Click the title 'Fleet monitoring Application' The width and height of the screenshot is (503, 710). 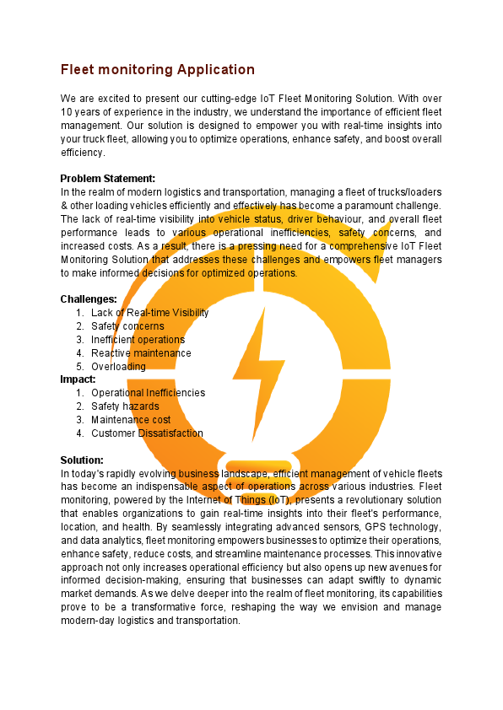click(157, 69)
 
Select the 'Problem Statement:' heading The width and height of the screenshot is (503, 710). click(108, 178)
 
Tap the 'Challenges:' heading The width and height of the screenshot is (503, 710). click(89, 299)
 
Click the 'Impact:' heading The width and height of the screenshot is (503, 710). click(78, 379)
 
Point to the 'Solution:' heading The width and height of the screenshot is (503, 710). click(82, 460)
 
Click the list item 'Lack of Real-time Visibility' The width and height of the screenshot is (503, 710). click(150, 313)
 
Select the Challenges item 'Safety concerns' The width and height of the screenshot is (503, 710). click(127, 326)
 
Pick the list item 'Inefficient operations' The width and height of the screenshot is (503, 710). click(138, 340)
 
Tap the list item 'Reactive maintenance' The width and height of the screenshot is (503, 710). click(141, 353)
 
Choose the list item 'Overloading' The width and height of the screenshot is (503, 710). click(118, 367)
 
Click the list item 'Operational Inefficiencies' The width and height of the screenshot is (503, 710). click(148, 393)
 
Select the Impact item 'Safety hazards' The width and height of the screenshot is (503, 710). click(125, 406)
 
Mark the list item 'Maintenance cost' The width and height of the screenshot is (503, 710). click(131, 420)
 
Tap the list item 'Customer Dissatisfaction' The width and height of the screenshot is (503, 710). click(147, 433)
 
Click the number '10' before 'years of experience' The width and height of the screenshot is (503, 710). click(68, 113)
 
